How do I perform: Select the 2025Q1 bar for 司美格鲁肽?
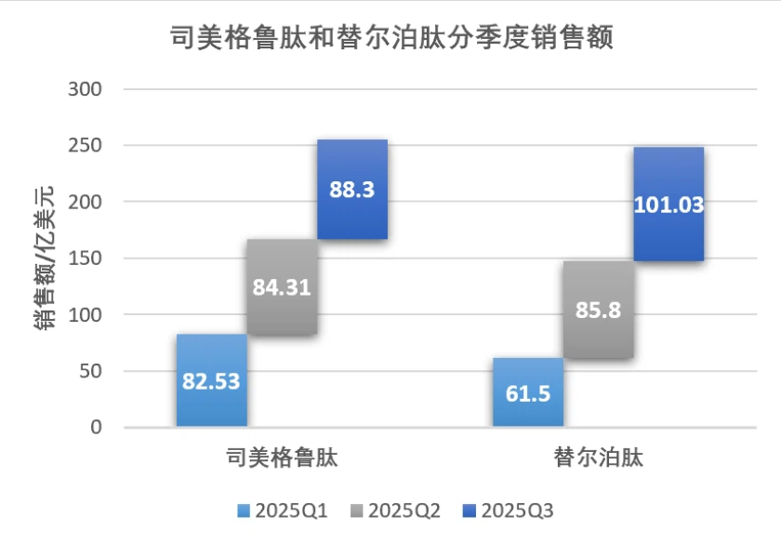211,380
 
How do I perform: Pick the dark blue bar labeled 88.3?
351,190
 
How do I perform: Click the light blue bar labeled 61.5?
527,392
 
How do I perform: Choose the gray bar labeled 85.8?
598,310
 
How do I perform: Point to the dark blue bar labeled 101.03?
668,204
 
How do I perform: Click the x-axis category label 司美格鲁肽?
282,458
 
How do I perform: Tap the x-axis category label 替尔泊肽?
598,458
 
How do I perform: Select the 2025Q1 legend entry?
284,510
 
